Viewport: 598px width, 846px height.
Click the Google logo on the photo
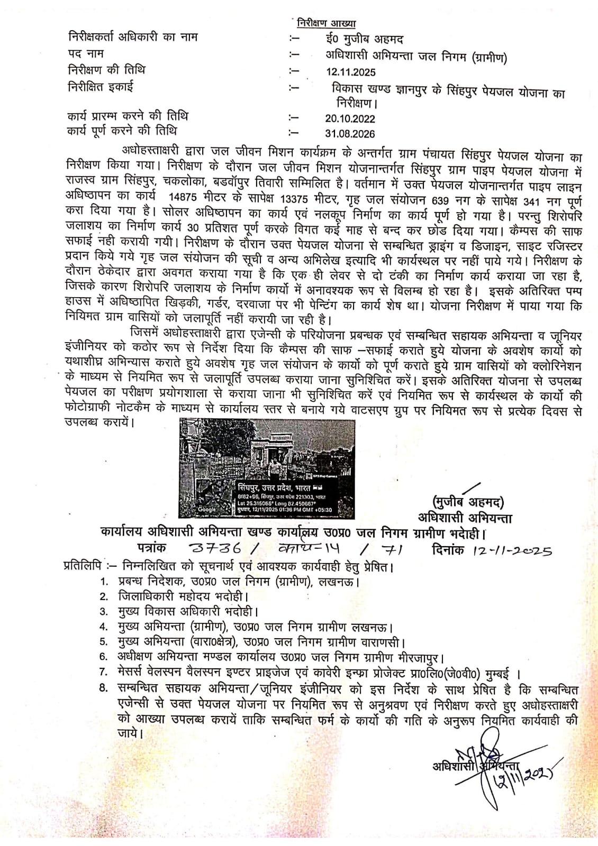coord(206,509)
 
